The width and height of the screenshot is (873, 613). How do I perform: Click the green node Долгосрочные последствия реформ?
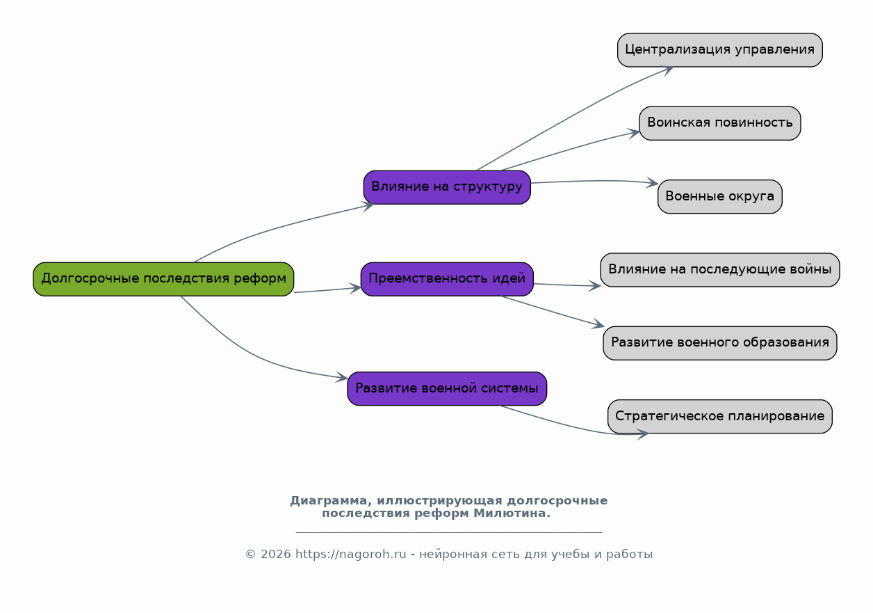[163, 279]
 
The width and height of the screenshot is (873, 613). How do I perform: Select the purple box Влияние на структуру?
[447, 187]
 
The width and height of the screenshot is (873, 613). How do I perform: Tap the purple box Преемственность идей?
[447, 279]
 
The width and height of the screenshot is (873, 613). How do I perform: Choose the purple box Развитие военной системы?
[447, 389]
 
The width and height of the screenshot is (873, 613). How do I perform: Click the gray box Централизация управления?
[720, 50]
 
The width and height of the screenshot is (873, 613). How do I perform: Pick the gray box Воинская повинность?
[720, 123]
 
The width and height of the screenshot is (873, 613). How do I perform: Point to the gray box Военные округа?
[720, 197]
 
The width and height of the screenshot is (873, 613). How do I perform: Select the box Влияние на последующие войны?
[720, 270]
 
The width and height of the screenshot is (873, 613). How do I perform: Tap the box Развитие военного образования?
[720, 343]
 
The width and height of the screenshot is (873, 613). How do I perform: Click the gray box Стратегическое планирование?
[720, 416]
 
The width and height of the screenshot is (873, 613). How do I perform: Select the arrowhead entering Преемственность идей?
[355, 288]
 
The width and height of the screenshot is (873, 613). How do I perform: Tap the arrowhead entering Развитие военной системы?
[342, 377]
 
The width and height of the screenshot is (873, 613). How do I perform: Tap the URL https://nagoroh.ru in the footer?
[351, 554]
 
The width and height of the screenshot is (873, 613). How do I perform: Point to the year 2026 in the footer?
[275, 554]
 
